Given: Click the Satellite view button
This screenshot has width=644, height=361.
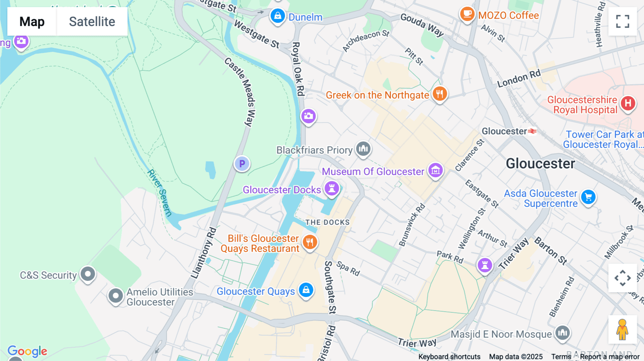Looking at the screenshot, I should click(92, 21).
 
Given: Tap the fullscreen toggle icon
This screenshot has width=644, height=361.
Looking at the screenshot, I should click(623, 21).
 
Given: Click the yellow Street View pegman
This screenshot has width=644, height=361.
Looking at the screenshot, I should click(622, 330).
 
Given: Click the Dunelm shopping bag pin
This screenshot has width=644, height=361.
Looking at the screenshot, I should click(278, 16).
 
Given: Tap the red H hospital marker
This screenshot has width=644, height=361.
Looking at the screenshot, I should click(628, 104).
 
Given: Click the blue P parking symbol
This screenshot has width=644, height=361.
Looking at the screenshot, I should click(242, 164).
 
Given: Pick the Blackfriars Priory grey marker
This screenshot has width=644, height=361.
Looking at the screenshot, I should click(363, 148).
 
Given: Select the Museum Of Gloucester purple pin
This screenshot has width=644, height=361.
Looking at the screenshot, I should click(435, 170).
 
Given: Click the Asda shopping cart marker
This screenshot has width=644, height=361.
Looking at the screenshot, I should click(588, 197).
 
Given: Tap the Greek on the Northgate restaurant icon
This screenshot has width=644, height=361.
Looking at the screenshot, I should click(440, 94).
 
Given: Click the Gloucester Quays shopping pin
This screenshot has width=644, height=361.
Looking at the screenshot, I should click(306, 290).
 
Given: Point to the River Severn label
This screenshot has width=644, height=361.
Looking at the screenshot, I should click(160, 193).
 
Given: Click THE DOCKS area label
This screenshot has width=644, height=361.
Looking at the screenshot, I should click(327, 222).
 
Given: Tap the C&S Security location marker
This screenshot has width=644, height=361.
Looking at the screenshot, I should click(88, 274).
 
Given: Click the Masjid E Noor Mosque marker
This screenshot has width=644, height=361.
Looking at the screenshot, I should click(562, 333).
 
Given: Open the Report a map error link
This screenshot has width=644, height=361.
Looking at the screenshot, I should click(610, 357).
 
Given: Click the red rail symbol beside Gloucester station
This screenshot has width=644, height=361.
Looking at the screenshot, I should click(532, 131).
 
